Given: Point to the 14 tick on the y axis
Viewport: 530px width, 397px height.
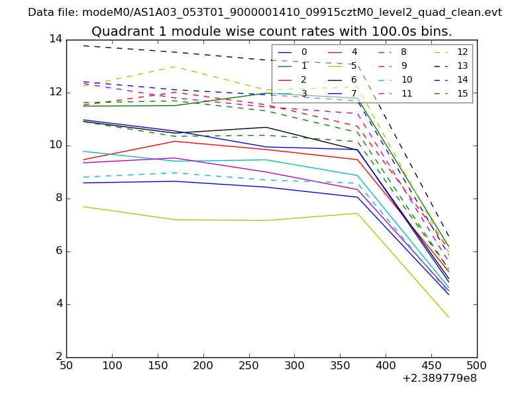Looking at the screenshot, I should point(55,40).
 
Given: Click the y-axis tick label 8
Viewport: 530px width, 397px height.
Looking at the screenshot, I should point(58,198).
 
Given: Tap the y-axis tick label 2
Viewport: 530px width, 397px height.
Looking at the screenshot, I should point(58,357).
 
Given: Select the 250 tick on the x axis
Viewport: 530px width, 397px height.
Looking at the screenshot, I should point(248,365).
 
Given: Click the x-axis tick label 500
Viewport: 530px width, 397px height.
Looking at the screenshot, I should point(476,365).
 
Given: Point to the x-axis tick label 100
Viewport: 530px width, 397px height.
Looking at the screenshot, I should point(112,365).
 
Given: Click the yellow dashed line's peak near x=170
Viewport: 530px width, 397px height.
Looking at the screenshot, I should point(176,66).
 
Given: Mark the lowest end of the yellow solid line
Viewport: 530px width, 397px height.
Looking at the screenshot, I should point(449,317).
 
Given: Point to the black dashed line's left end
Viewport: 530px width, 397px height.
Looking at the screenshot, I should point(84,46).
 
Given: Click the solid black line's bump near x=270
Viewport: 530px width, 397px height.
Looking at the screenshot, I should point(266,127).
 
